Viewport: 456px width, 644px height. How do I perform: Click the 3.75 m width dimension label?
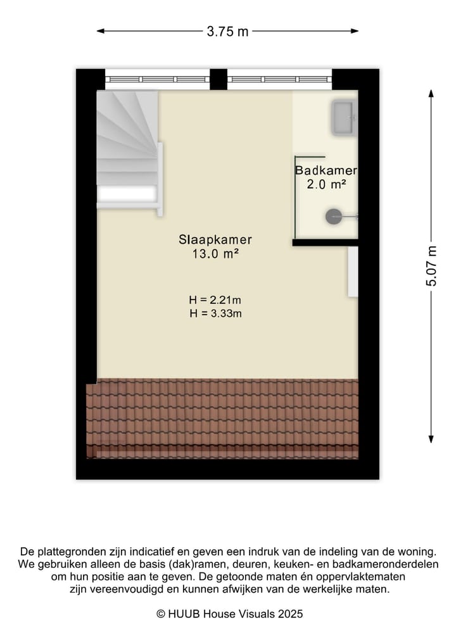[227, 31]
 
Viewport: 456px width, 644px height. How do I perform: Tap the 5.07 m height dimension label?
[431, 266]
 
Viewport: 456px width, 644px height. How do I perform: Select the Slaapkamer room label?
[215, 240]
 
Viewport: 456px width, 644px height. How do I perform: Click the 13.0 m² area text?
[215, 254]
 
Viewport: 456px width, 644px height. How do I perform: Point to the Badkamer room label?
[326, 171]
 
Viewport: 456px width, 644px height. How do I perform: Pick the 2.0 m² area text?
[326, 185]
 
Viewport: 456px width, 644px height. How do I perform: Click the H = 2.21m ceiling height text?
[215, 300]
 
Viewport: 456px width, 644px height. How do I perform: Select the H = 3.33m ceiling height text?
[215, 313]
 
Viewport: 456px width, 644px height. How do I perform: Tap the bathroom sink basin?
[344, 118]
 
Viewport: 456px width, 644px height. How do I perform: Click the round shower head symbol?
[333, 217]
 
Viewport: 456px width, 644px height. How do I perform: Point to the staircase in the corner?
[127, 148]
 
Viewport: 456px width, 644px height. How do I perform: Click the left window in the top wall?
[157, 79]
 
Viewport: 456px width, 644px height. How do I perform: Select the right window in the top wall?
[279, 79]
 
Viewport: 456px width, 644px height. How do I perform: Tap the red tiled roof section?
[222, 418]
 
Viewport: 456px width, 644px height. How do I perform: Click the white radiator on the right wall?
[353, 271]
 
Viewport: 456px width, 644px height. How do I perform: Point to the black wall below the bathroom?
[325, 242]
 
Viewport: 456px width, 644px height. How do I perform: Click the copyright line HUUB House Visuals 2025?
[229, 614]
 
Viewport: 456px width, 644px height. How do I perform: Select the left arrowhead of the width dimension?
[100, 30]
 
